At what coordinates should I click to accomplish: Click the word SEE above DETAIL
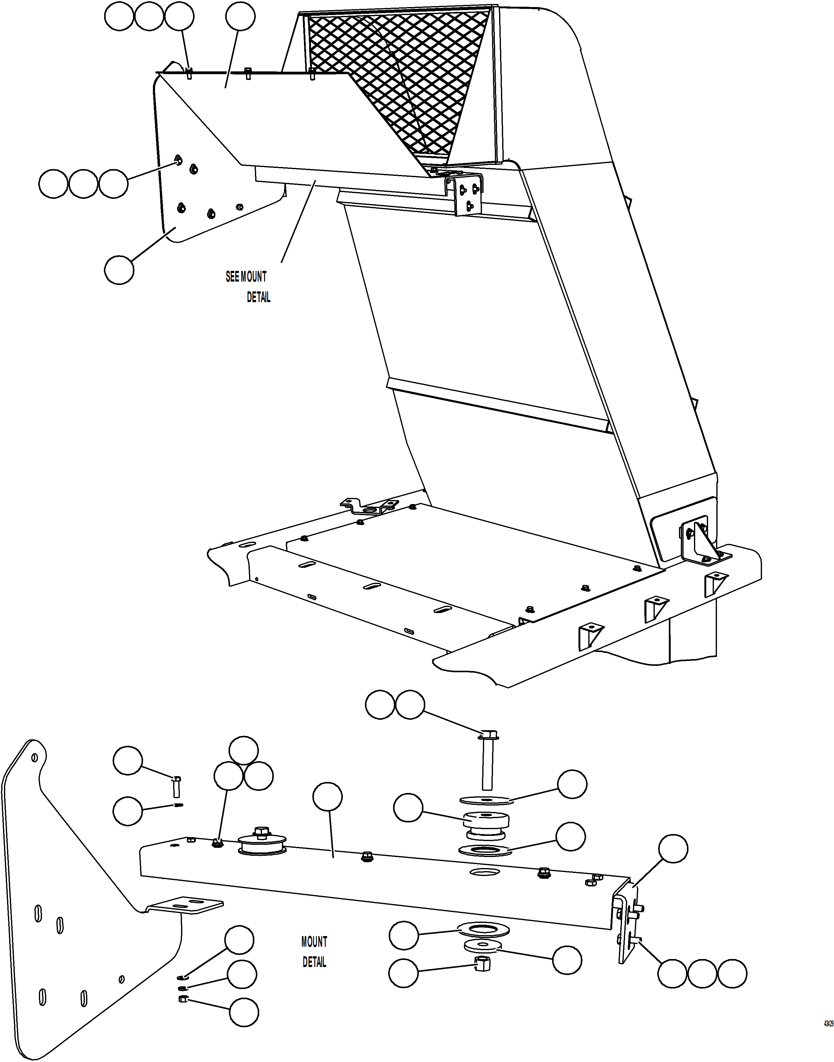tap(232, 277)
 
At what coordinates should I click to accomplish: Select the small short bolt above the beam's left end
tap(177, 786)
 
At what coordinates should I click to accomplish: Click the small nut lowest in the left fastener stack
tap(184, 999)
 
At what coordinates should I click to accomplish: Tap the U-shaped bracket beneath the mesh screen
tap(464, 193)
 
